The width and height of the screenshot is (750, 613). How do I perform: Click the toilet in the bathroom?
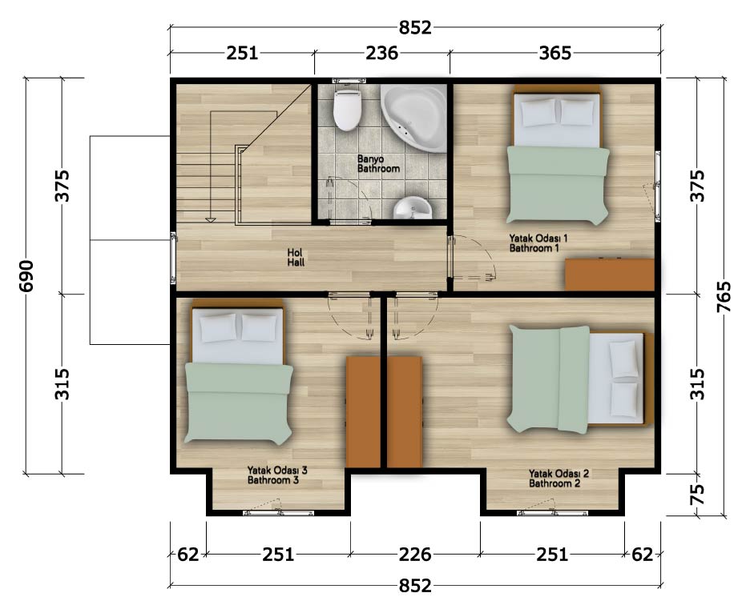coord(347,110)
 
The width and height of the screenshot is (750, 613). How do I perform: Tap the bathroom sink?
coord(413,207)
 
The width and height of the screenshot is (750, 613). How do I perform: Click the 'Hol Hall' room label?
coord(296,258)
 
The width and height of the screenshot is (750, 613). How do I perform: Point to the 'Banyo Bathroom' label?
coord(378,163)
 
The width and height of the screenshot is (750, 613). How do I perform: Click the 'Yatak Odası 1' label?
coord(538,238)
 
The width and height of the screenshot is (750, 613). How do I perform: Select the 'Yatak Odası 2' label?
coord(558,474)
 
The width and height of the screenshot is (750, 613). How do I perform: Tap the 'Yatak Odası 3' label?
coord(277,470)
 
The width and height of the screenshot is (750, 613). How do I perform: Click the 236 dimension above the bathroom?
coord(381,53)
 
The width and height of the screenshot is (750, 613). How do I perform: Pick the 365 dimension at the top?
coord(554,53)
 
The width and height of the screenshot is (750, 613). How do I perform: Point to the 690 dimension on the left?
coord(26,275)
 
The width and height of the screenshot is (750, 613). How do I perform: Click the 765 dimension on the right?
coord(724,297)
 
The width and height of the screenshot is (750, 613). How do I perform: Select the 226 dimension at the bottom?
coord(415,555)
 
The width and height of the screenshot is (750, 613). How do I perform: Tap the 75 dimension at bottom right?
coord(699,495)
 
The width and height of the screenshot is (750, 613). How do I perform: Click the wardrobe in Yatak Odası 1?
coord(609,274)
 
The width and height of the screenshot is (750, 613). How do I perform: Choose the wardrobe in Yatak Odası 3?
coord(362,412)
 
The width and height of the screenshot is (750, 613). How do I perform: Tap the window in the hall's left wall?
coord(173,258)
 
